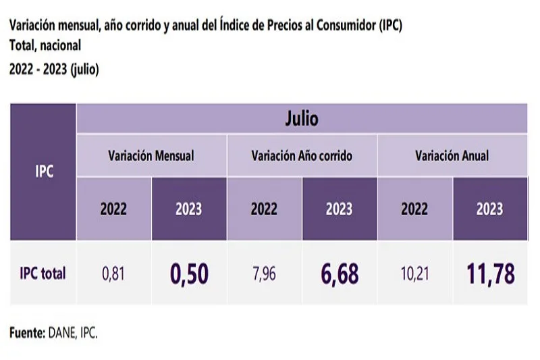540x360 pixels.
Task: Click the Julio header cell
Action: click(x=302, y=120)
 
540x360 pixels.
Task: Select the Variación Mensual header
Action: click(x=151, y=155)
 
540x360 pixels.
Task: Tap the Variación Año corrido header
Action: click(x=302, y=155)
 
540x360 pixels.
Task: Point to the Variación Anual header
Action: click(x=452, y=155)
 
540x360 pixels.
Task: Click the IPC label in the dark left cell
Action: click(x=44, y=172)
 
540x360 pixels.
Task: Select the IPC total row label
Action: click(x=43, y=274)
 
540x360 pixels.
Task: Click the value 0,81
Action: click(x=113, y=274)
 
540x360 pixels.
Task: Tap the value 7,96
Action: click(x=264, y=274)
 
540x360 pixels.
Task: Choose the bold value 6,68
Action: click(x=339, y=274)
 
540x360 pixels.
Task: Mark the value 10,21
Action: click(x=414, y=274)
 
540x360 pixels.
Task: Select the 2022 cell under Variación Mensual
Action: click(x=113, y=209)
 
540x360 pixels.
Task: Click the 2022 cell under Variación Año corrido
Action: click(x=264, y=209)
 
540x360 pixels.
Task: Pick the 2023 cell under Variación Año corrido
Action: click(x=339, y=209)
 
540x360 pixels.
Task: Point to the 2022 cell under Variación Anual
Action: click(x=414, y=209)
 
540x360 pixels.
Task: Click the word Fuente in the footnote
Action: click(x=26, y=333)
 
